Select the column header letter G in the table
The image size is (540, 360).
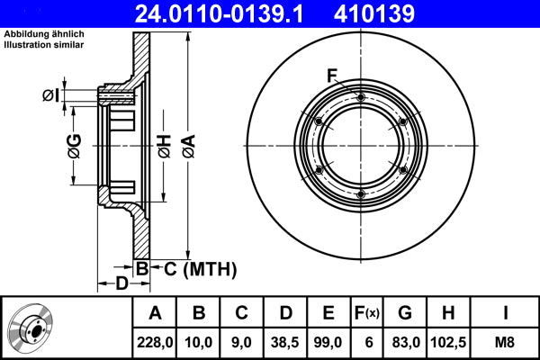pyautogui.click(x=405, y=313)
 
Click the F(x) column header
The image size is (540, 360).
pyautogui.click(x=368, y=313)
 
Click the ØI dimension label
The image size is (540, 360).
pyautogui.click(x=51, y=94)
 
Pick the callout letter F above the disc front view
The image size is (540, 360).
pyautogui.click(x=332, y=75)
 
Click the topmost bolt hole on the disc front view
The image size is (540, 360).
pyautogui.click(x=360, y=98)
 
